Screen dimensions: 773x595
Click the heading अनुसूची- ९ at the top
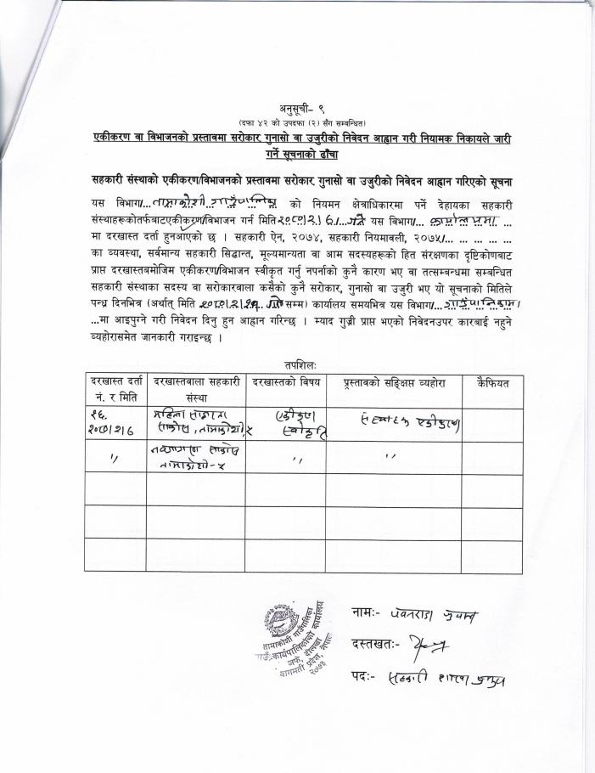coord(297,108)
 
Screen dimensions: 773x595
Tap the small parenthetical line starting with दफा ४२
coord(297,123)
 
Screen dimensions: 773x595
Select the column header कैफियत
coord(492,384)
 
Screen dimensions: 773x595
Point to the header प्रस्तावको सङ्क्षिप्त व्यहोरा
coord(393,384)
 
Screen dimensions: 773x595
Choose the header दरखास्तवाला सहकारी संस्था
coord(196,390)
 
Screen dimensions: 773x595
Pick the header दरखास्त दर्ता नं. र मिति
coord(115,390)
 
